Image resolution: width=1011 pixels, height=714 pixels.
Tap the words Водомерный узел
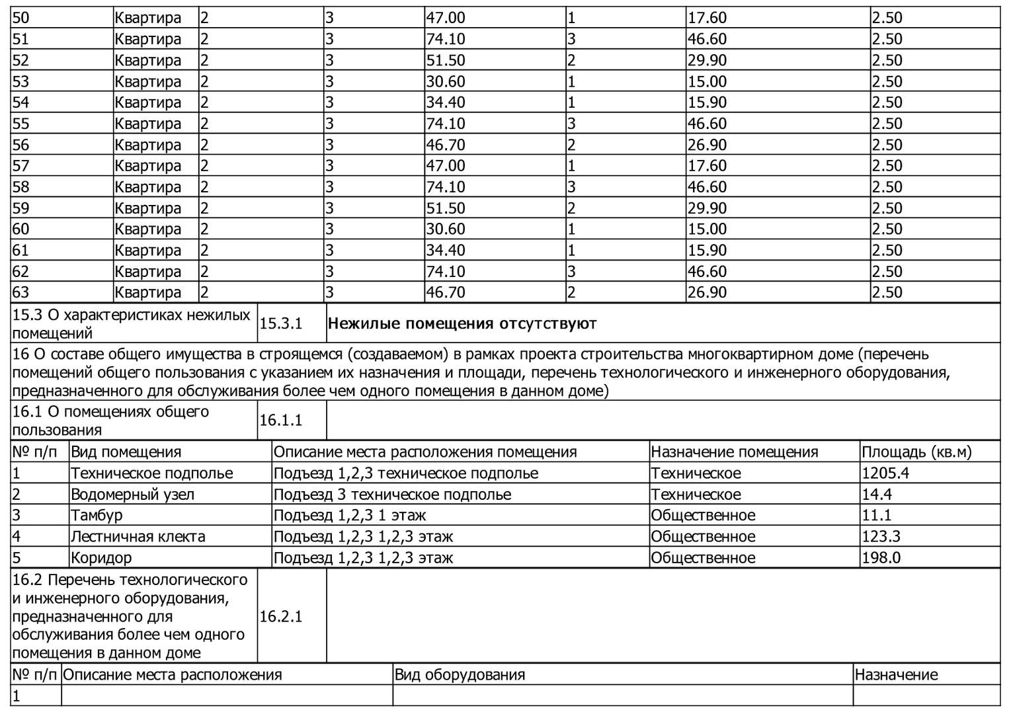(x=132, y=495)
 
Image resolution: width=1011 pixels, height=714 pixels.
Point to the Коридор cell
(x=101, y=557)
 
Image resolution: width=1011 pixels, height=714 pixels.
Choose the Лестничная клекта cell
(x=138, y=536)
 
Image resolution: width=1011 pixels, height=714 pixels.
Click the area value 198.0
(x=881, y=557)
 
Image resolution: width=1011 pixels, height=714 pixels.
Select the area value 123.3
(x=881, y=536)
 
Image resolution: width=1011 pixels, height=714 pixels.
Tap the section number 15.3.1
(x=281, y=323)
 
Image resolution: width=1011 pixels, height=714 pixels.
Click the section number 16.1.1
(x=281, y=420)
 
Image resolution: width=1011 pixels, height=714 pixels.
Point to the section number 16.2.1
(x=281, y=616)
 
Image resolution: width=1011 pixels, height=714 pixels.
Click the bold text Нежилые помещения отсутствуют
(x=462, y=323)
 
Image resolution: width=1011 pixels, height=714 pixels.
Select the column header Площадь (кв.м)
(x=916, y=452)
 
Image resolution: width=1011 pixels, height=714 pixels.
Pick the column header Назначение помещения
(x=735, y=452)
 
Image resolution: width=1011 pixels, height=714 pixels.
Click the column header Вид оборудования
(x=460, y=675)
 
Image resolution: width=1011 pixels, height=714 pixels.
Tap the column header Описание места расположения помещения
(x=425, y=452)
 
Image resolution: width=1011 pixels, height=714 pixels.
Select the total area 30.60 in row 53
(x=446, y=81)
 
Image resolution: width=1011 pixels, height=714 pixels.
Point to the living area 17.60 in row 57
(x=707, y=165)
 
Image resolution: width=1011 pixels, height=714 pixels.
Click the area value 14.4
(x=877, y=495)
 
